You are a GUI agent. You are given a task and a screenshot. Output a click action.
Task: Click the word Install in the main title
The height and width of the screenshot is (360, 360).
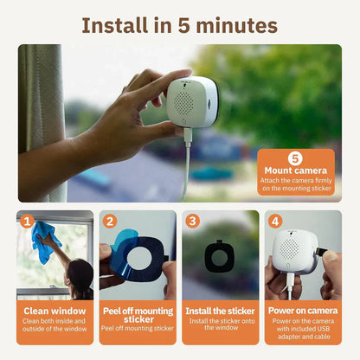[x=115, y=23]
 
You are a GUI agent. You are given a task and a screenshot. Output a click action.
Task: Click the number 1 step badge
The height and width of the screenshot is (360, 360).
[x=27, y=221]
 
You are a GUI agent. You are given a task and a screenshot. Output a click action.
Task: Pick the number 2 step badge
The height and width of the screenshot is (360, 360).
[x=110, y=221]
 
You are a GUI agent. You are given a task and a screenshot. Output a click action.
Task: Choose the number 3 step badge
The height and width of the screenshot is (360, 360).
[x=193, y=221]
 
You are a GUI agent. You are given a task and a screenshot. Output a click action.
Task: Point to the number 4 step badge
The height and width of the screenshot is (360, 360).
[x=275, y=221]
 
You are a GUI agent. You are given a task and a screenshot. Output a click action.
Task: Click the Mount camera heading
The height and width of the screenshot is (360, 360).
[x=295, y=170]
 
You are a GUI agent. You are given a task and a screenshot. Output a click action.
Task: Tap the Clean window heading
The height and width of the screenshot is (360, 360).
[x=55, y=311]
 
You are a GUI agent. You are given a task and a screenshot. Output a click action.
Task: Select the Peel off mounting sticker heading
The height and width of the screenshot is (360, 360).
[x=138, y=315]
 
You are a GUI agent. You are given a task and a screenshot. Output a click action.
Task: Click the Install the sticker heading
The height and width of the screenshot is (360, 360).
[x=221, y=311]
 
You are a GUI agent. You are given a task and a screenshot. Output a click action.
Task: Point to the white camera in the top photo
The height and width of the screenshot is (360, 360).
[x=193, y=108]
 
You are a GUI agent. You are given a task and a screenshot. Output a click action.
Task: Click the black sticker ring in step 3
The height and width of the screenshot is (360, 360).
[x=219, y=260]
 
